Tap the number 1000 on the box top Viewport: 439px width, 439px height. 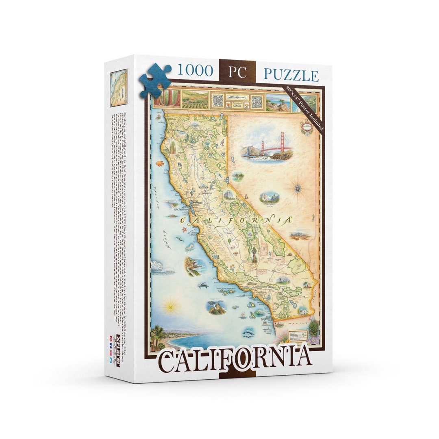pyautogui.click(x=195, y=71)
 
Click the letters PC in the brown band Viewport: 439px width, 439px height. pyautogui.click(x=237, y=72)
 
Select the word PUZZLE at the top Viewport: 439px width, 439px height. pyautogui.click(x=291, y=75)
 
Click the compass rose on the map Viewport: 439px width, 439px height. pyautogui.click(x=298, y=188)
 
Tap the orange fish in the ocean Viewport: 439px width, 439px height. pyautogui.click(x=159, y=163)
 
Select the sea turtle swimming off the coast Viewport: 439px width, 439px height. pyautogui.click(x=203, y=285)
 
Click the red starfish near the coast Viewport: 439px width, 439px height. pyautogui.click(x=184, y=230)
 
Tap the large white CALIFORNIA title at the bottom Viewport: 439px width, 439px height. pyautogui.click(x=235, y=359)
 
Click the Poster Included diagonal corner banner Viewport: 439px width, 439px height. pyautogui.click(x=304, y=110)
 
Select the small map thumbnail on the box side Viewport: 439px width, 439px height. pyautogui.click(x=118, y=87)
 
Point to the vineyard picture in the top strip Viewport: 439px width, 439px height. pyautogui.click(x=195, y=100)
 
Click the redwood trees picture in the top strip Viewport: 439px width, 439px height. pyautogui.click(x=167, y=98)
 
